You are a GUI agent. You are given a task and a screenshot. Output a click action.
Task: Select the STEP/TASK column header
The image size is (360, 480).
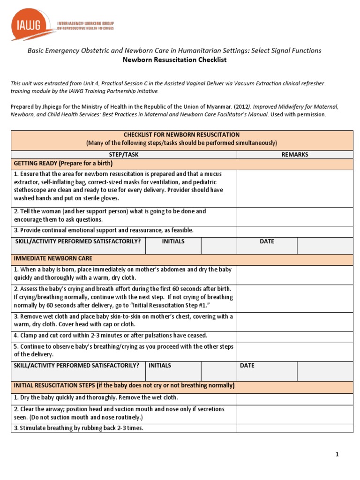coord(124,154)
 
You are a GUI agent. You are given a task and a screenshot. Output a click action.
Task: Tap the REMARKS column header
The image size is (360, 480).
coord(294,154)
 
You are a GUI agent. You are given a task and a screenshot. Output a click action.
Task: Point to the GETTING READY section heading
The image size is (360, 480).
coord(63,164)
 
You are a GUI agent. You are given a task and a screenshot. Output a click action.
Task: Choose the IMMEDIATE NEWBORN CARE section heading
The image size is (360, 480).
coord(53,258)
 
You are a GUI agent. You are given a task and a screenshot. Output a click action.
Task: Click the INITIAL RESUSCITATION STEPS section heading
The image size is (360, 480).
coord(124,385)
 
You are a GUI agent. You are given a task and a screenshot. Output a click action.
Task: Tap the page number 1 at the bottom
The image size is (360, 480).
coord(337,454)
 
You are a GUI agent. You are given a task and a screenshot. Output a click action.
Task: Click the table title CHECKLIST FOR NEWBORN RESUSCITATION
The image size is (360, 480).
coord(181,135)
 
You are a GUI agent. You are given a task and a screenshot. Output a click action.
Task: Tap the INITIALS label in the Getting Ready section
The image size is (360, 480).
coord(173,241)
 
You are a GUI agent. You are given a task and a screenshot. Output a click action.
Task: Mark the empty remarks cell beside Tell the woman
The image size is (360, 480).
coord(294,215)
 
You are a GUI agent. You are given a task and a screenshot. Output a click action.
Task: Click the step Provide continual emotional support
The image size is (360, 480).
coord(104,230)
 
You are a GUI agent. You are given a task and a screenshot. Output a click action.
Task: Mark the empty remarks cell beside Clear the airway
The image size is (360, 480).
coord(294,413)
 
